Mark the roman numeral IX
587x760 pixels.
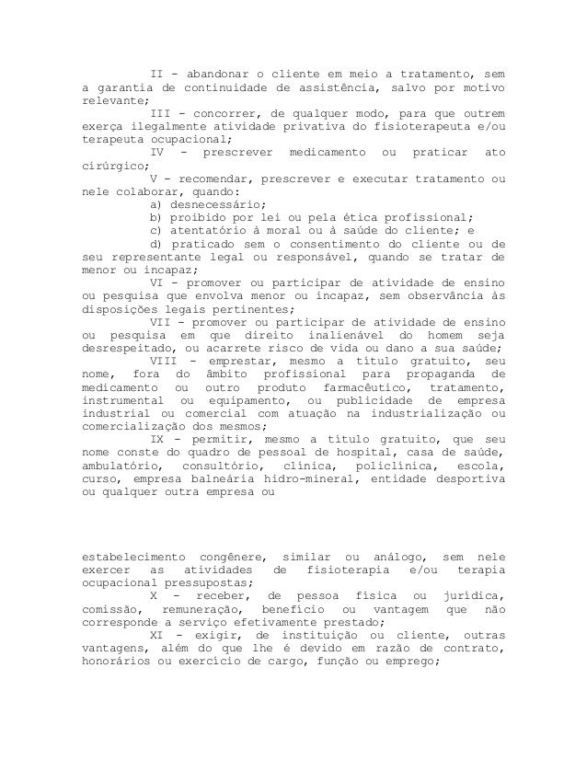[158, 441]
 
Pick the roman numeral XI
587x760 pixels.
[158, 636]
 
